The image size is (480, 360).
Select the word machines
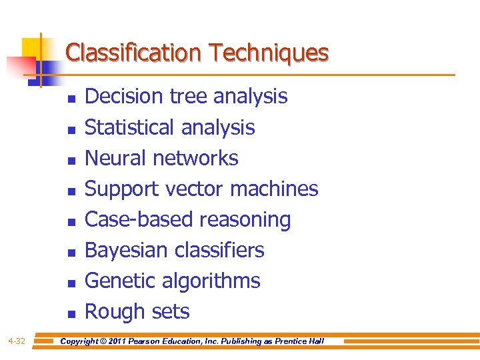coord(274,189)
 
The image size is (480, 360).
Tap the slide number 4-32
coord(17,341)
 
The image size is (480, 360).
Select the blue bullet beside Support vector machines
coord(71,190)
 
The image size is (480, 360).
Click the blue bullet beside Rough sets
coord(71,313)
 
